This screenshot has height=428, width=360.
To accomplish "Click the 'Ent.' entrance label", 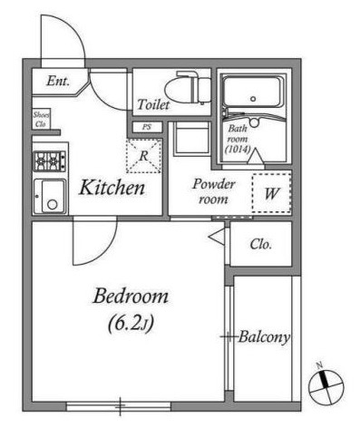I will [x=58, y=82].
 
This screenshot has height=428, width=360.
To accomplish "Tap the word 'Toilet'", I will [x=153, y=104].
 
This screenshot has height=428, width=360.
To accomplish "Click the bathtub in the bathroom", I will [x=253, y=94].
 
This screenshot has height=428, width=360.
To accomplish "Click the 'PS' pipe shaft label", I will [x=145, y=127].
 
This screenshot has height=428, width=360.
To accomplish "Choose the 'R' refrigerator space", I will [x=143, y=156].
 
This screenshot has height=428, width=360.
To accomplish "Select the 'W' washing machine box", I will [x=271, y=192].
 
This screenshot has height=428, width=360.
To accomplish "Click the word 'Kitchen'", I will [x=112, y=189].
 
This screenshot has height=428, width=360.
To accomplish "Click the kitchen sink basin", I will [x=49, y=197].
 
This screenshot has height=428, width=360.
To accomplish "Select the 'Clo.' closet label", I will [x=262, y=245].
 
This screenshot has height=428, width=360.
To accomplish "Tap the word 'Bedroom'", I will [x=131, y=297].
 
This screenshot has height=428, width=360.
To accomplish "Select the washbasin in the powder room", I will [x=190, y=141].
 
